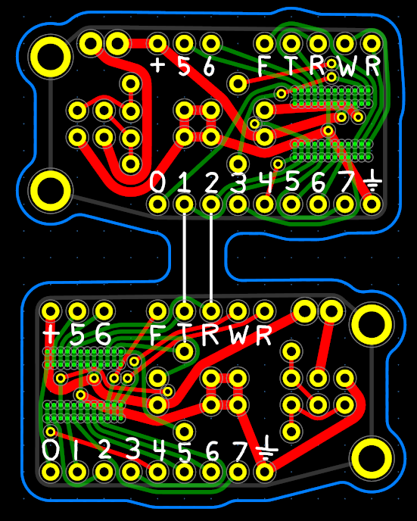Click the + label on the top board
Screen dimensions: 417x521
tap(157, 64)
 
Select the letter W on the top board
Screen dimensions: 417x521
tap(347, 67)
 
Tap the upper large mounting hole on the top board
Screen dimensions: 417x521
tap(50, 57)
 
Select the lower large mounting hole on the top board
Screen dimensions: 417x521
tap(50, 191)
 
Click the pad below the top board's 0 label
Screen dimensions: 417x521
tap(157, 204)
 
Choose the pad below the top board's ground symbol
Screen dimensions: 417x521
tap(372, 204)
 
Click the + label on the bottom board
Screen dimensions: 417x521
tap(51, 334)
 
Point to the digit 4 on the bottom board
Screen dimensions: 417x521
tap(158, 449)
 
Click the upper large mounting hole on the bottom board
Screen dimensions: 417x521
tap(372, 324)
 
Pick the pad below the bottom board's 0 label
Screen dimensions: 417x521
tap(51, 472)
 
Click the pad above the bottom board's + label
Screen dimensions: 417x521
tap(51, 311)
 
